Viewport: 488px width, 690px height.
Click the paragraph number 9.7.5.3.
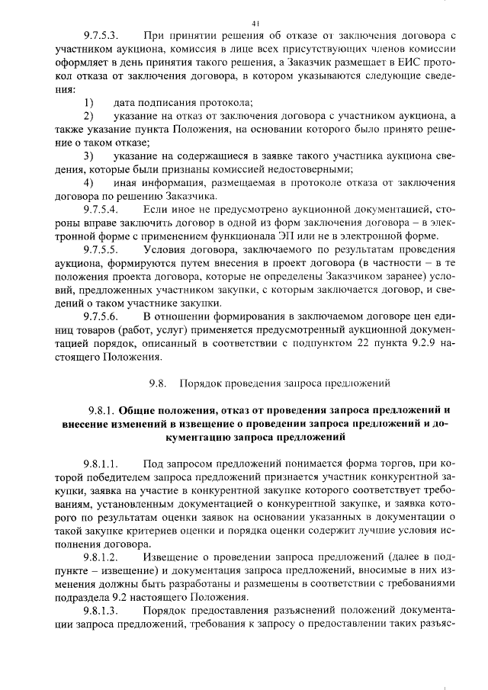point(101,36)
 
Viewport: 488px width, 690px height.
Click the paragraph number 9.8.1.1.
point(101,464)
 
